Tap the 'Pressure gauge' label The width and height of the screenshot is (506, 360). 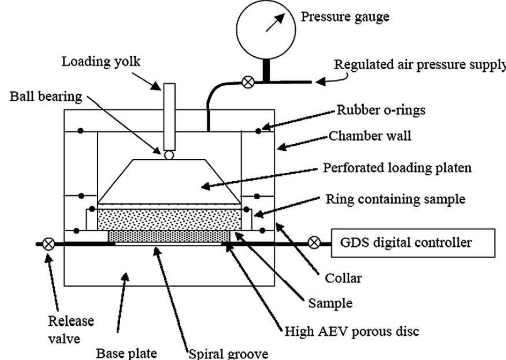click(x=345, y=17)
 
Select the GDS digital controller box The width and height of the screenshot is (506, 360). click(x=413, y=243)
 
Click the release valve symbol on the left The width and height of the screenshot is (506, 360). click(x=48, y=244)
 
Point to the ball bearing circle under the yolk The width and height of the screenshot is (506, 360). click(x=169, y=155)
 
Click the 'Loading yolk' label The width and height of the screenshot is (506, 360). click(x=101, y=62)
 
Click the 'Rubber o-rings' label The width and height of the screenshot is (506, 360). click(x=381, y=110)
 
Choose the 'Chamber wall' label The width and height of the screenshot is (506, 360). click(x=370, y=136)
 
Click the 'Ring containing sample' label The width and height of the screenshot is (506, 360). click(x=395, y=199)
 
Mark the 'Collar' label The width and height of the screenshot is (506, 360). click(x=343, y=278)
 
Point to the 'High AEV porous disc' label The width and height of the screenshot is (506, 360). click(x=351, y=331)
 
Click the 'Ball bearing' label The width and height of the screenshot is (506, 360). click(x=45, y=96)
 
